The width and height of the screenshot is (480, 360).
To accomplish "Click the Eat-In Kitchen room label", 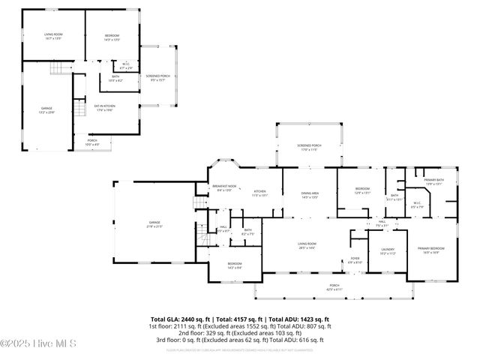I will pos(103,107).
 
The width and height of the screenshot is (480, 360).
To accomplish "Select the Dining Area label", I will pos(310,194).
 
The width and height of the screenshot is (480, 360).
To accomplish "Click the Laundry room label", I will pos(387,250).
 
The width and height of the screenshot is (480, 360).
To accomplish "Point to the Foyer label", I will pos(355,261).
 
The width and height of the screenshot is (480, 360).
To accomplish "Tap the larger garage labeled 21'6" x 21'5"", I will pos(154,223).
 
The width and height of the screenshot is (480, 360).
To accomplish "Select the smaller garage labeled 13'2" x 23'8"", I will pos(46,110).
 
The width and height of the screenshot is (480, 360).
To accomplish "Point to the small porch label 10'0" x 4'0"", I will pos(92,142).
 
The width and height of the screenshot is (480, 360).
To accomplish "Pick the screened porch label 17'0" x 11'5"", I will pos(309,148).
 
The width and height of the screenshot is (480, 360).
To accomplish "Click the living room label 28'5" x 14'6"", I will pos(306,245).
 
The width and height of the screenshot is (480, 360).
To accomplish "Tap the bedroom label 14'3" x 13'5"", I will pos(111,37).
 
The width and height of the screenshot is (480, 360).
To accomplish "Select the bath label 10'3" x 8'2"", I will pos(115,77).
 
